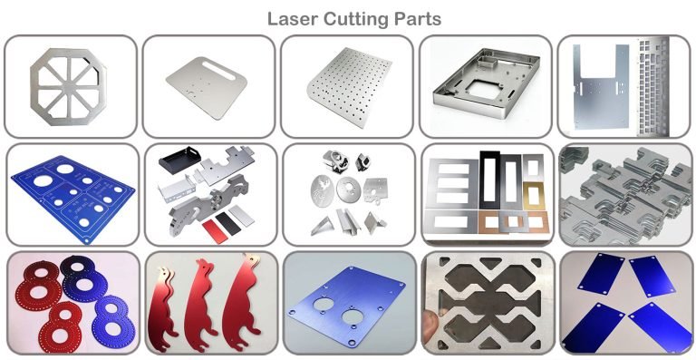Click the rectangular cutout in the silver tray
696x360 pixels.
(478, 94)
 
